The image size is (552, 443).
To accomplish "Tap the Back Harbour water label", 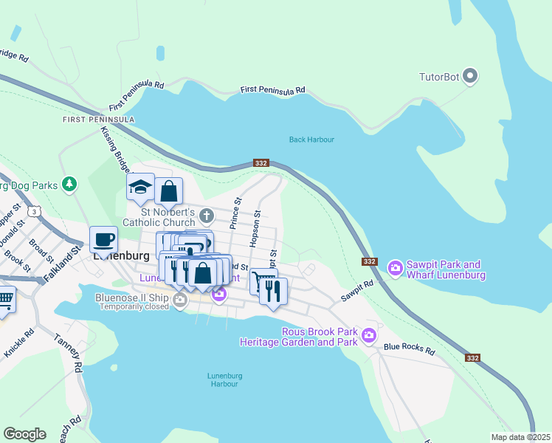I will pyautogui.click(x=311, y=140).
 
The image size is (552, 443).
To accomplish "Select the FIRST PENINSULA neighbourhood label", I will pyautogui.click(x=98, y=120).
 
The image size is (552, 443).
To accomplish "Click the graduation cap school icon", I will pyautogui.click(x=140, y=188).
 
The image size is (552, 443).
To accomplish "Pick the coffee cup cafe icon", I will pyautogui.click(x=103, y=239).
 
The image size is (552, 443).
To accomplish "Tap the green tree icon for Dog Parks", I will pyautogui.click(x=69, y=184).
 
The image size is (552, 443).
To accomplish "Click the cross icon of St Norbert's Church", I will pyautogui.click(x=207, y=216).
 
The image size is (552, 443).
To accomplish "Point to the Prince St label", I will pyautogui.click(x=237, y=211).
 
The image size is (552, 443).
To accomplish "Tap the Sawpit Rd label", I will pyautogui.click(x=357, y=290).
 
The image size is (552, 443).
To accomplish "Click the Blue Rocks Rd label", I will pyautogui.click(x=409, y=347).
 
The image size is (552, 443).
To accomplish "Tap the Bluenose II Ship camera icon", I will pyautogui.click(x=180, y=299).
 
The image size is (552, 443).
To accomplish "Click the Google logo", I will pyautogui.click(x=24, y=434).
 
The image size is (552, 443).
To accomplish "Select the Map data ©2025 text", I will pyautogui.click(x=520, y=437).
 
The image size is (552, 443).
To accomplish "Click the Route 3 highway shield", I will pyautogui.click(x=34, y=211).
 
